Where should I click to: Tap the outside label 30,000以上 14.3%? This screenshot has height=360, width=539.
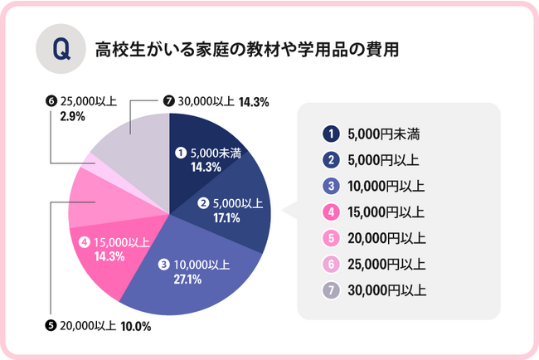point(220,103)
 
